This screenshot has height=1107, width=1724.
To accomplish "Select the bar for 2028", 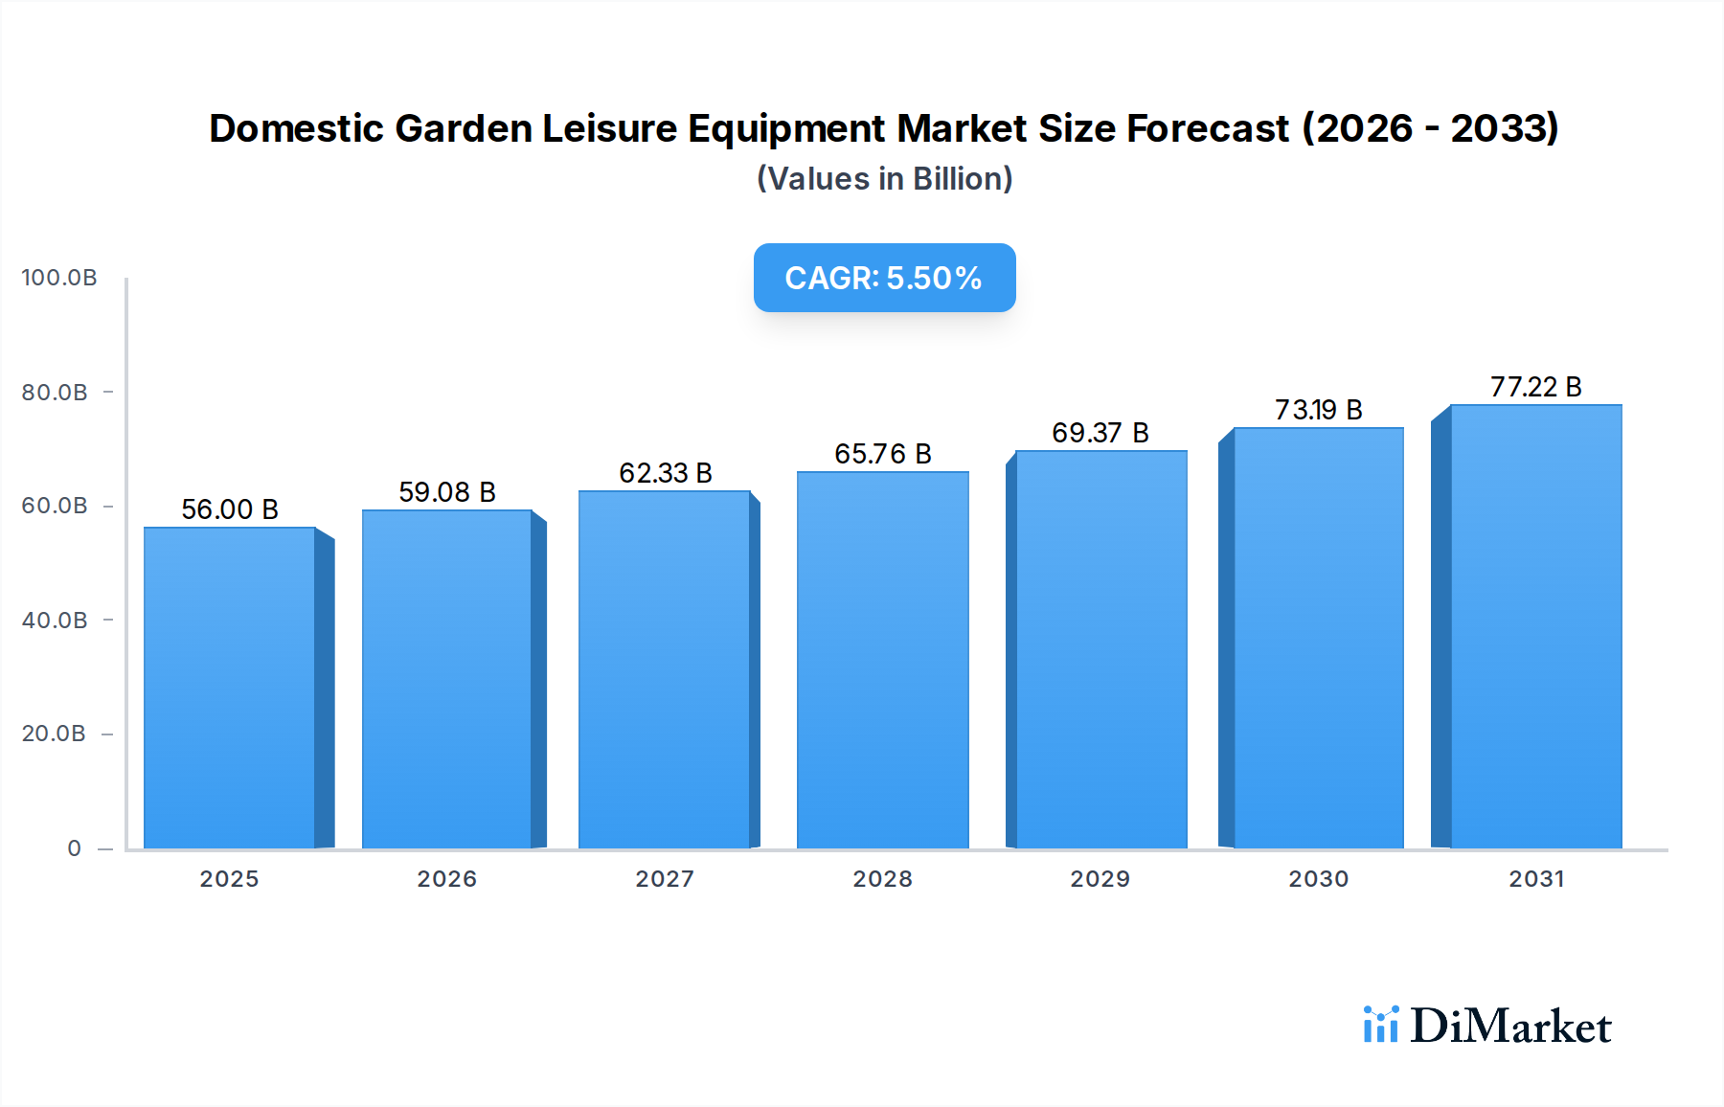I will click(x=882, y=661).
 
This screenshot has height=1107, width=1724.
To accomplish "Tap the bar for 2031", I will click(x=1535, y=626).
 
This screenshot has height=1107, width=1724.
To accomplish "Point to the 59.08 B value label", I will click(x=447, y=492).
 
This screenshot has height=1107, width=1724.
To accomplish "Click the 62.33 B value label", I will click(x=666, y=473).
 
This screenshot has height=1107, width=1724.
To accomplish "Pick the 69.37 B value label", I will click(x=1100, y=433).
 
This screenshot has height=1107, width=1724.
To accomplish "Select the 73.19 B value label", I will click(x=1318, y=410).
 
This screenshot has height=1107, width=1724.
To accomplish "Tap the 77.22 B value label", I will click(x=1535, y=387).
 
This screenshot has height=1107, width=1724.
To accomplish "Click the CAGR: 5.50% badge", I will click(x=884, y=278).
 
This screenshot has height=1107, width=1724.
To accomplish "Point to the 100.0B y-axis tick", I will click(x=59, y=278).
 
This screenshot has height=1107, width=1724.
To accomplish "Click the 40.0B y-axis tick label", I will click(x=55, y=621).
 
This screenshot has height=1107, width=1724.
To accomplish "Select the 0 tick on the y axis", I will click(x=75, y=848).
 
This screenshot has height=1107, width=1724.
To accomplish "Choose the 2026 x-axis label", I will click(x=447, y=879).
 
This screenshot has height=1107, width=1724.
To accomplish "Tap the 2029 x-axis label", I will click(x=1100, y=879).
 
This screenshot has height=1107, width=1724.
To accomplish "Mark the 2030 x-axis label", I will click(x=1318, y=879).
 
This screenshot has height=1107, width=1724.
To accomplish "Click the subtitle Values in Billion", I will click(x=884, y=179).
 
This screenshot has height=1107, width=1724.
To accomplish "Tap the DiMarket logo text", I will click(x=1510, y=1027).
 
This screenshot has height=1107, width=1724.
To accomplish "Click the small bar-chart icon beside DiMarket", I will click(x=1380, y=1025).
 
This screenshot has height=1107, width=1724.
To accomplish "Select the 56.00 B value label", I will click(x=230, y=509).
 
